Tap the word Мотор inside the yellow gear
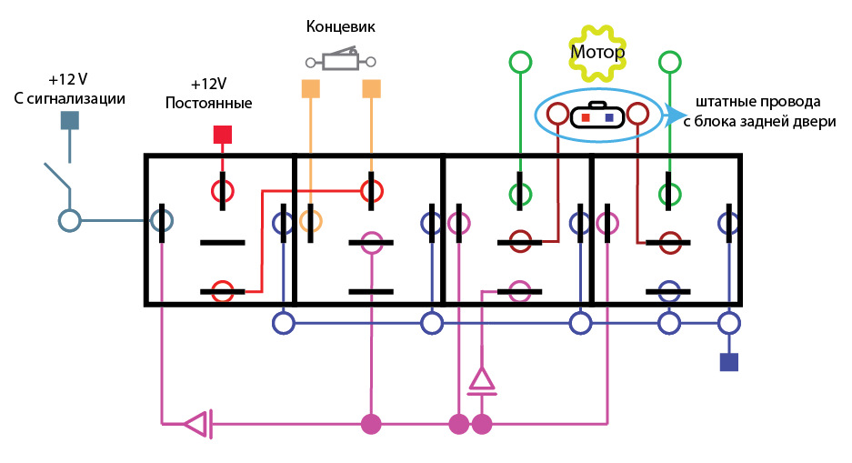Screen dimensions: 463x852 pos(597,52)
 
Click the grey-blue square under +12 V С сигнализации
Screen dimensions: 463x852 pos(69,121)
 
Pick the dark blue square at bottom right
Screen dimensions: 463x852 pos(728,362)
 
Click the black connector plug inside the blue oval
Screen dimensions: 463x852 pos(596,116)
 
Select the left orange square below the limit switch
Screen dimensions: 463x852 pos(311,88)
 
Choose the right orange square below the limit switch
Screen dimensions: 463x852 pos(371,88)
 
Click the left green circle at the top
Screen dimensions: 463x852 pos(520,62)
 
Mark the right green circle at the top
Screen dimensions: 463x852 pos(670,62)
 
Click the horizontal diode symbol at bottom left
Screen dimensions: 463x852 pos(197,423)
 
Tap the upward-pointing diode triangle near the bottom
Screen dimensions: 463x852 pos(481,380)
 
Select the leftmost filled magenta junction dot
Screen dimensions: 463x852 pos(370,423)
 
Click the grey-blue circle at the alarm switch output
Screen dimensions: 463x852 pos(69,220)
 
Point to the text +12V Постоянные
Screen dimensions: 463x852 pos(208,94)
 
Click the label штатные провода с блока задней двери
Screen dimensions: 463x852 pos(766,110)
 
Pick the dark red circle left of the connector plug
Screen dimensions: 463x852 pos(556,115)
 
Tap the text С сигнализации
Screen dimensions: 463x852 pos(70,97)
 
